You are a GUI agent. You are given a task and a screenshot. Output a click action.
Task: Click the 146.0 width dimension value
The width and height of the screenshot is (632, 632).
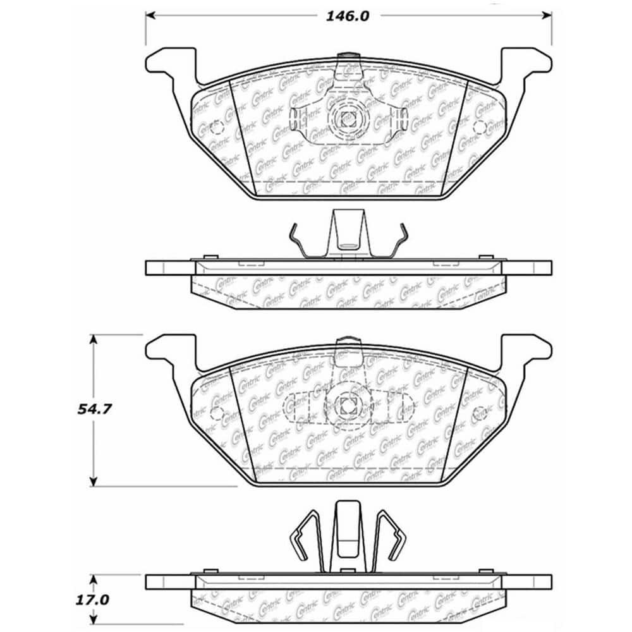pos(347,17)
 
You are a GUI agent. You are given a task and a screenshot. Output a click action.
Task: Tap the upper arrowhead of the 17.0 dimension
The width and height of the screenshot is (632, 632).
pos(94,579)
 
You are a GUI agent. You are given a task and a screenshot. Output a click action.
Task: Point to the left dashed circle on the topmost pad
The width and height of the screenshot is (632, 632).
pos(216,128)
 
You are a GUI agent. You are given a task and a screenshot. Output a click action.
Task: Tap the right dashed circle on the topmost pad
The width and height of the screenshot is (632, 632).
pos(480,128)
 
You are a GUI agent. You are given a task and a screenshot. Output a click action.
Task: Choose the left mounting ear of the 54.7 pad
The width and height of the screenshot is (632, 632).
pos(166,349)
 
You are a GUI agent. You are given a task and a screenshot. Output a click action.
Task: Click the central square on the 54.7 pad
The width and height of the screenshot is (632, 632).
pos(347,404)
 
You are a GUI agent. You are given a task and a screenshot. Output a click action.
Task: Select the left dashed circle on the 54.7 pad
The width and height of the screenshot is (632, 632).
pos(216,415)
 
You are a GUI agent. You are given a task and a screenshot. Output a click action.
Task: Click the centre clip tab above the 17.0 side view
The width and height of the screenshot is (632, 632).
pos(347,531)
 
